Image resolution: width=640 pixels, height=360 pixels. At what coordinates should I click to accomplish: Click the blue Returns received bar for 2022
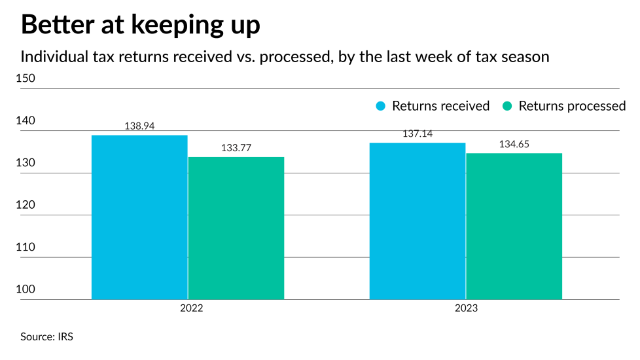(x=139, y=217)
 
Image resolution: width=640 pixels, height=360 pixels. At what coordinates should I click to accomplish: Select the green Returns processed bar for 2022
(x=236, y=228)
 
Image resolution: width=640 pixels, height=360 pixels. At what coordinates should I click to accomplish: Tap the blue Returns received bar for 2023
(x=418, y=221)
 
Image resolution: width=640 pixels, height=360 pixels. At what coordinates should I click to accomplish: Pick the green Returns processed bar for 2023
(x=514, y=226)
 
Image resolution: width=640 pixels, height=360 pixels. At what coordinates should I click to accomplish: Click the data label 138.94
(x=139, y=126)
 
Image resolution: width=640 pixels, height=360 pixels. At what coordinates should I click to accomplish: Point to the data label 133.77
(x=236, y=148)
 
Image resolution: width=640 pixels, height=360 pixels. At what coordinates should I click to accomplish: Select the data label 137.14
(x=418, y=134)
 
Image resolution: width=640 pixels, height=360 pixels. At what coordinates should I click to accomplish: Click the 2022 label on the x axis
(x=188, y=309)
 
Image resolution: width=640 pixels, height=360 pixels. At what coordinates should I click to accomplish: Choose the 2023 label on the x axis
(x=465, y=309)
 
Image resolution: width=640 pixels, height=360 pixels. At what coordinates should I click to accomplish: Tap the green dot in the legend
(x=507, y=106)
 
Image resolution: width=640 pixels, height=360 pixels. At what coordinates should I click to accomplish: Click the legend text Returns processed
(x=572, y=106)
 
